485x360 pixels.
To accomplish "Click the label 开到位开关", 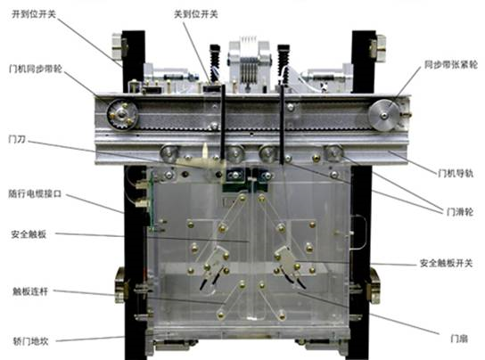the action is tap(34, 14).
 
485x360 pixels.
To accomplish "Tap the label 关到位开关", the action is tap(196, 14).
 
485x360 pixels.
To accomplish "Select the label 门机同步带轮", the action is tap(36, 69).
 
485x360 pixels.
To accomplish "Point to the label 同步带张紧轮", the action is tap(450, 65).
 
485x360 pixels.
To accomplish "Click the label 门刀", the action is tap(17, 140).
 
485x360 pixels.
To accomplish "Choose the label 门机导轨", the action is tap(456, 173).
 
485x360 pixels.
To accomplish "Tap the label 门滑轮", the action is tap(460, 212).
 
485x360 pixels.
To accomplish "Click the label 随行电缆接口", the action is tap(35, 194).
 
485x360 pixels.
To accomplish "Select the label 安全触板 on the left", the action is tap(29, 234).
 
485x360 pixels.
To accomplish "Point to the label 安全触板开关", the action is tap(447, 263).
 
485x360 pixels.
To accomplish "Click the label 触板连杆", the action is tap(30, 291).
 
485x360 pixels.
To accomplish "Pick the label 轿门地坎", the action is tap(30, 341).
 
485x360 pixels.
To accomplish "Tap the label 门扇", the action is tap(459, 339).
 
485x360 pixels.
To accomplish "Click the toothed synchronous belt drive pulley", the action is tap(122, 114).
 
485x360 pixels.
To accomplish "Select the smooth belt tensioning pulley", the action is tap(384, 115).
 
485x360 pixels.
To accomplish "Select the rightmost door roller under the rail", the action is tap(333, 153).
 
